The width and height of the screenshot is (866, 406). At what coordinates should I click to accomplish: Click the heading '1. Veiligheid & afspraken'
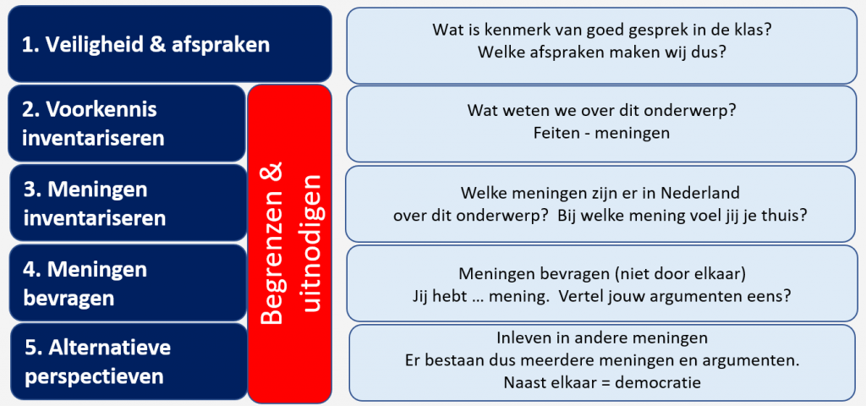click(x=145, y=45)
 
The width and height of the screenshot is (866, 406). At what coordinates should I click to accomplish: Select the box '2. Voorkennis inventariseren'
click(x=127, y=123)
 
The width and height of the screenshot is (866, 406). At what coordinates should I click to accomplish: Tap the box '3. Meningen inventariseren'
click(x=129, y=203)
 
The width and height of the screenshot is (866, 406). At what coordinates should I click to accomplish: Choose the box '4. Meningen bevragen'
click(x=129, y=283)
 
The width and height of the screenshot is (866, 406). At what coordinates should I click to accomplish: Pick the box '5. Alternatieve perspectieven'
click(x=129, y=362)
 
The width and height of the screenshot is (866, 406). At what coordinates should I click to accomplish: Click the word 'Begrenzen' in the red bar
click(x=272, y=244)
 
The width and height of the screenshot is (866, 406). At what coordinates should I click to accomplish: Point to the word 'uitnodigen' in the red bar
click(x=311, y=244)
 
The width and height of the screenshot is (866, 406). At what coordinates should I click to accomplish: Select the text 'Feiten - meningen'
click(x=601, y=133)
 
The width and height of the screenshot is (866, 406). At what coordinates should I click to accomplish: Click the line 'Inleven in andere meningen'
click(x=602, y=337)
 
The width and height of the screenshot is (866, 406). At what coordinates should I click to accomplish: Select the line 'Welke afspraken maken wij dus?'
click(x=601, y=52)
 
